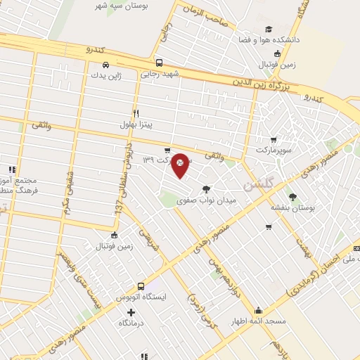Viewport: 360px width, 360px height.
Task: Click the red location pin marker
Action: point(180,165)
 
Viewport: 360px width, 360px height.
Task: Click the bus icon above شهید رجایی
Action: point(160,62)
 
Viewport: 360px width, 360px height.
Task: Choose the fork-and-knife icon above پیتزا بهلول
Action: point(136,113)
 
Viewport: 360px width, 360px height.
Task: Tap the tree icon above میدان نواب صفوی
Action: point(206,189)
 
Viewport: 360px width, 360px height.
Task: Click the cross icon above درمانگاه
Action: point(130,311)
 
